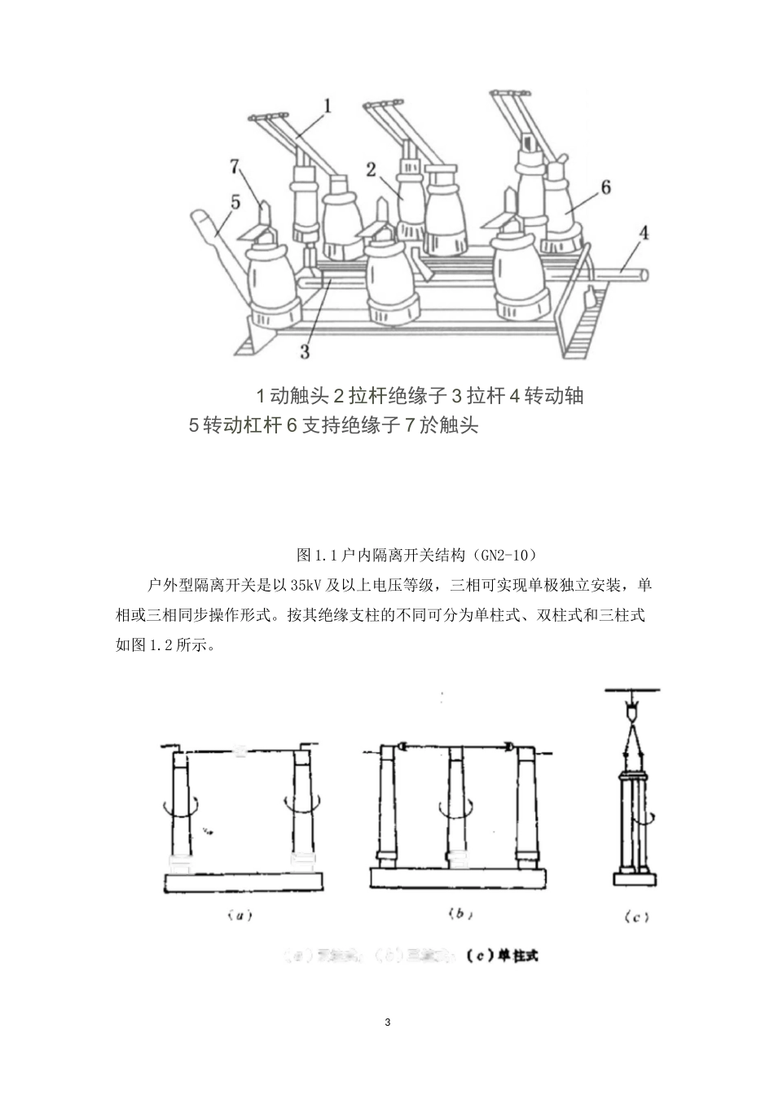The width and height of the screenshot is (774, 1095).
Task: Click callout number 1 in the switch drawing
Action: pos(328,106)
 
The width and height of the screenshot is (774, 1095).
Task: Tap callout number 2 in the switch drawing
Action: pos(371,169)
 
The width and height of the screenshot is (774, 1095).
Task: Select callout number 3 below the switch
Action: pos(305,351)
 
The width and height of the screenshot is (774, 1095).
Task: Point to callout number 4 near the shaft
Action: pos(644,233)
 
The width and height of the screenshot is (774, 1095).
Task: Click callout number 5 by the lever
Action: pos(235,202)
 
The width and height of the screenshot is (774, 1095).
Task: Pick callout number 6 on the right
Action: pos(605,187)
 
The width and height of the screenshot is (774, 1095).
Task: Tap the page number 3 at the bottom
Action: pos(387,1022)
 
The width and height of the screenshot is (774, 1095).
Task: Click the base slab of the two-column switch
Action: pos(244,882)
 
